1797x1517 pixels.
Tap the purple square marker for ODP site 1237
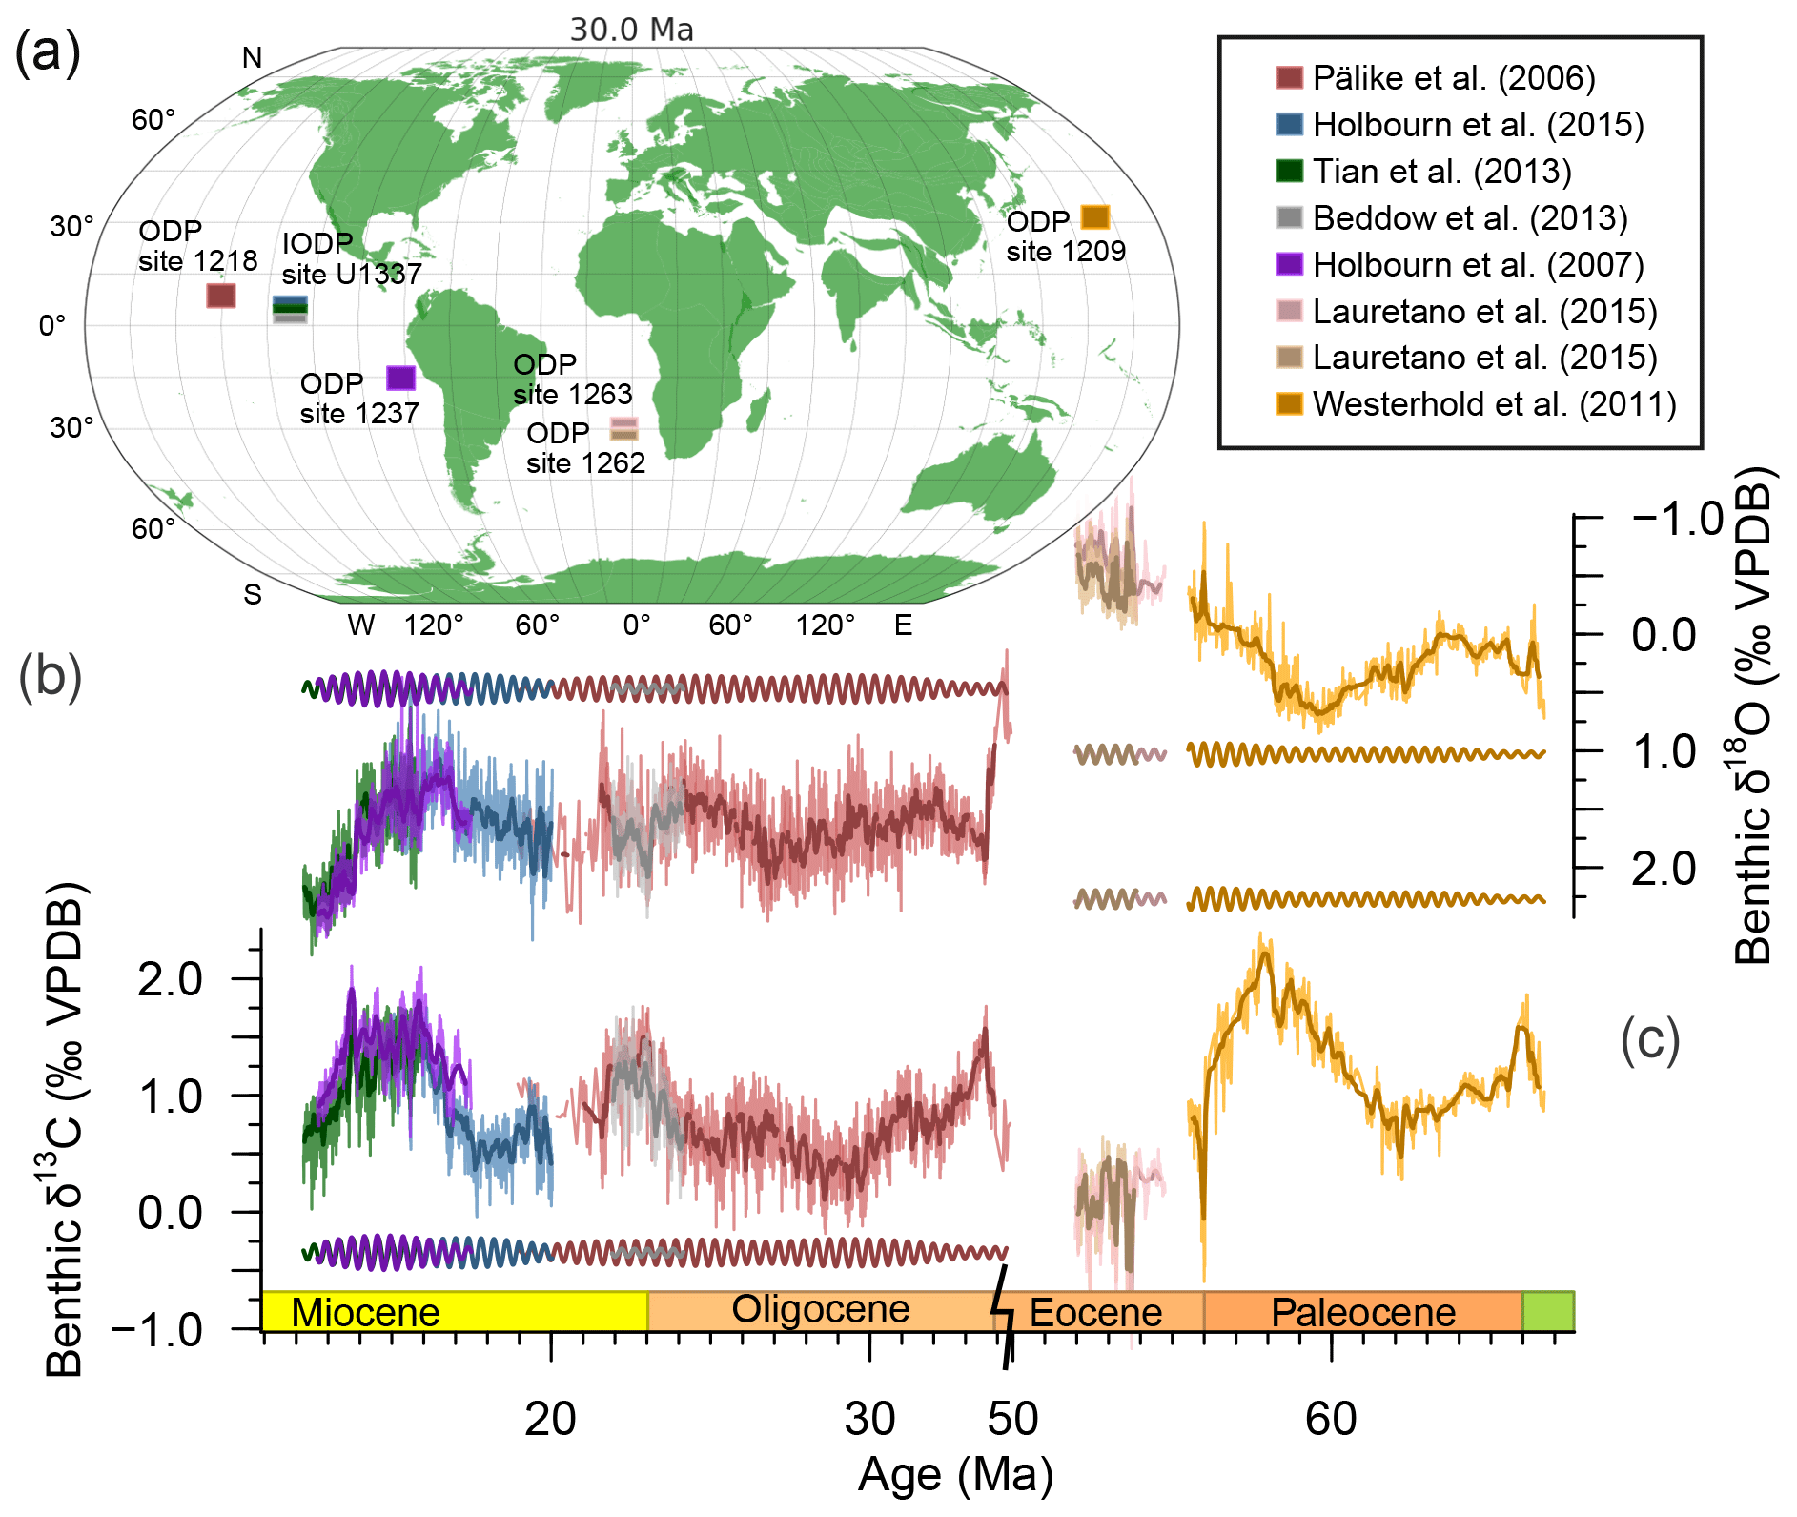(x=401, y=378)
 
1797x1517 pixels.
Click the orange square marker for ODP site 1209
(x=1095, y=217)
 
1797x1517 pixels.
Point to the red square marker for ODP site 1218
(x=221, y=296)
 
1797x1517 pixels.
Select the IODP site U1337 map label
(x=351, y=258)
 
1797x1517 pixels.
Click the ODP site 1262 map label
(x=585, y=448)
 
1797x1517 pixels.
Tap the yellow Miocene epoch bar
(x=455, y=1312)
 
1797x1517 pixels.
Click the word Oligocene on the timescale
(x=820, y=1310)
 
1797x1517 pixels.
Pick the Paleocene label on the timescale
(x=1363, y=1313)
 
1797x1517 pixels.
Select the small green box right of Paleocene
(x=1547, y=1311)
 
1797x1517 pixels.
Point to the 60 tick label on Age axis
(x=1331, y=1419)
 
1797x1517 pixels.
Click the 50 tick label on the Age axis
(x=1012, y=1419)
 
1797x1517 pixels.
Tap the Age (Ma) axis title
(x=955, y=1475)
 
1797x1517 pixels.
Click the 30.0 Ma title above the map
(x=631, y=30)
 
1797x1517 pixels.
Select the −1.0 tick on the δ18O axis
(x=1679, y=520)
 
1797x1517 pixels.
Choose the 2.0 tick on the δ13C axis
(x=170, y=979)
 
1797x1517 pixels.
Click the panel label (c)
(x=1649, y=1039)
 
